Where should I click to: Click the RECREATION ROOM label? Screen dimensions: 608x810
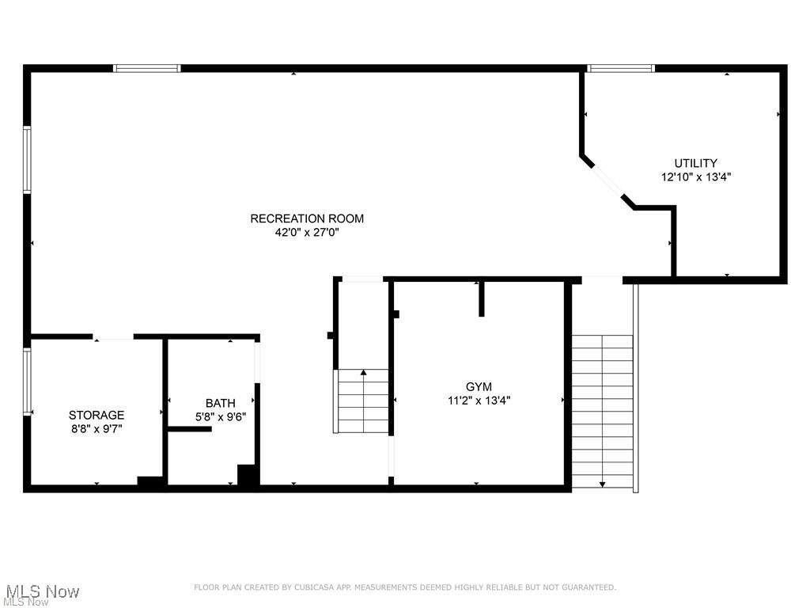pos(307,218)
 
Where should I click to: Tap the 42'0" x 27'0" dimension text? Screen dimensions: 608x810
pos(307,233)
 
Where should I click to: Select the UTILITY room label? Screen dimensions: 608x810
pos(695,164)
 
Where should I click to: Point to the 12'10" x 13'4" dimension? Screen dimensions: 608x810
pos(695,177)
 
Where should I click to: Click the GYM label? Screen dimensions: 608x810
pos(479,386)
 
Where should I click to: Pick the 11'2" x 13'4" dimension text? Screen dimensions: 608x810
pos(479,401)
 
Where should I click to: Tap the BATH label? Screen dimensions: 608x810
pos(220,403)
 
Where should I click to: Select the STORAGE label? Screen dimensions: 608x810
pos(97,415)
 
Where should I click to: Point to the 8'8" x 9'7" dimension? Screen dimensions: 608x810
pos(97,428)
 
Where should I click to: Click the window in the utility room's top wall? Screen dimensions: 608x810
pos(621,69)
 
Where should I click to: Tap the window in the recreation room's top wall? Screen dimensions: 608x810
pos(147,69)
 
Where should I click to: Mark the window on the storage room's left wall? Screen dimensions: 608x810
pos(27,382)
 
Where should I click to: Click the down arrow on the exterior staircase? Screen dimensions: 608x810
pos(602,483)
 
